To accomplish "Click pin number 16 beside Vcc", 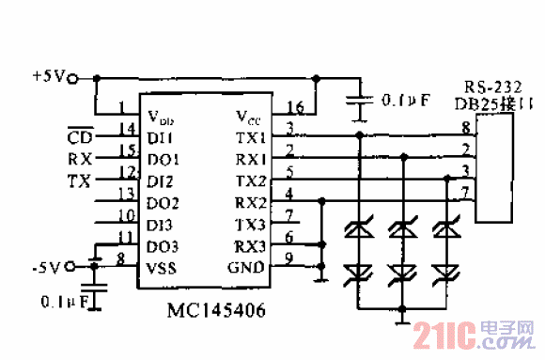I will coord(294,106).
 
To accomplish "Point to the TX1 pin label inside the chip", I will coord(251,137).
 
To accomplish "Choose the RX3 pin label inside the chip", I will coord(251,246).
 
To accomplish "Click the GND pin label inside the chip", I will coord(251,268).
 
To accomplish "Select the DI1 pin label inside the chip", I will coord(163,137).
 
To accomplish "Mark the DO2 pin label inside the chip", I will coord(164,203).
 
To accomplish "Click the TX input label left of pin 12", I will coord(80,180).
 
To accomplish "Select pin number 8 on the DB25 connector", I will coord(464,126).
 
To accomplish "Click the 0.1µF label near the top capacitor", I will coord(402,99).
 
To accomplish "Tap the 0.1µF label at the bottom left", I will coord(64,302).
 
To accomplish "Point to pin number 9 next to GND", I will coord(290,258).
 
